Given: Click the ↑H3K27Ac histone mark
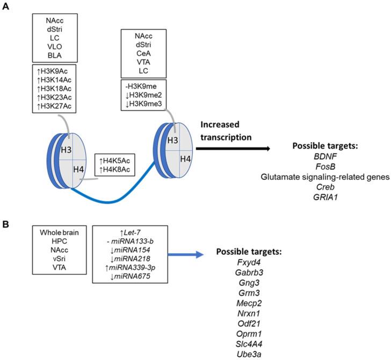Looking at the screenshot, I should [x=53, y=107].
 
